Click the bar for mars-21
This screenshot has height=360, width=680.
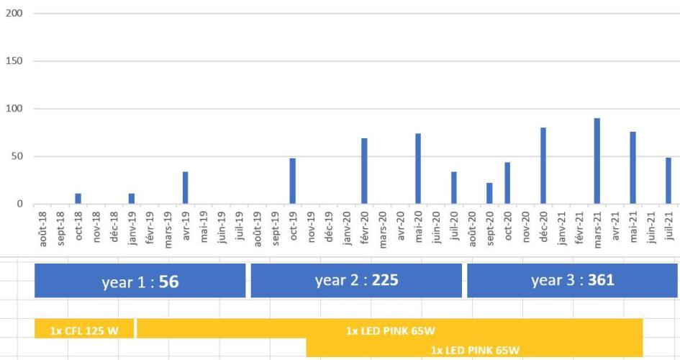597,161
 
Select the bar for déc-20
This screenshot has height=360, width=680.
543,166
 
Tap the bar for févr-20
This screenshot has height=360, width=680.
364,171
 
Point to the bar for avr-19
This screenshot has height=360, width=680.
185,188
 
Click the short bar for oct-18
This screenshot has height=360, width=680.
78,199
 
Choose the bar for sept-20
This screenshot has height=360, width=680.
489,194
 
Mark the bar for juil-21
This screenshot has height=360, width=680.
668,181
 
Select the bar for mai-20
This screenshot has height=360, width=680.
418,168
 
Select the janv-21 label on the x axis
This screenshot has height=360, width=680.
561,228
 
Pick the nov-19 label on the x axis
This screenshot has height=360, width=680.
311,228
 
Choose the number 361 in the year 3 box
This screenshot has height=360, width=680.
600,279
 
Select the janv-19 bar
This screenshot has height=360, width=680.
132,199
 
